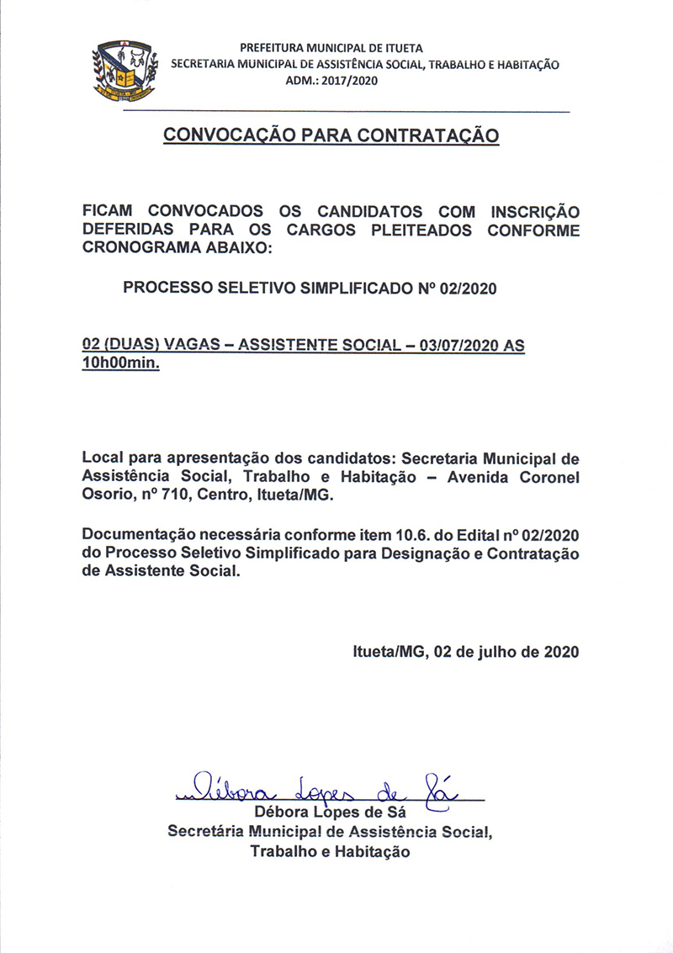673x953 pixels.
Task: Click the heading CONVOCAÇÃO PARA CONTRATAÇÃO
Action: point(331,135)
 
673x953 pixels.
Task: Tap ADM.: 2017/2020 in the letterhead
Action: point(332,81)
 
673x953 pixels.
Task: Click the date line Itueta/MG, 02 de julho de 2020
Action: point(465,651)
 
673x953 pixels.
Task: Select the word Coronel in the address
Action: point(545,478)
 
